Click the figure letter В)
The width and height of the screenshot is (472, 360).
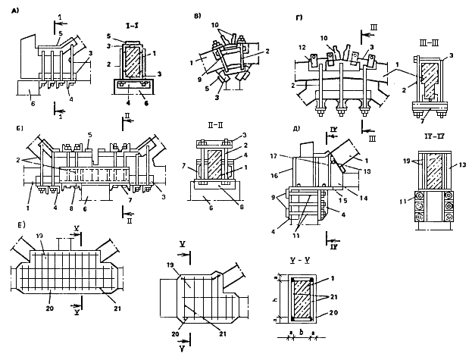click(x=199, y=14)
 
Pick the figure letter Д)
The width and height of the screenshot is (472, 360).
click(x=285, y=129)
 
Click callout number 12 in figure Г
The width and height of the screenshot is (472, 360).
click(x=302, y=48)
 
